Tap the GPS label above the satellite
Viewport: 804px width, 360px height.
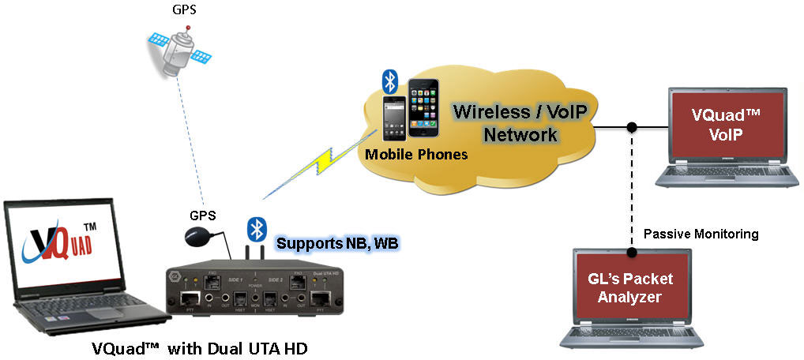tap(186, 10)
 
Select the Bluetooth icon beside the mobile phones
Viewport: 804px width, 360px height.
tap(389, 81)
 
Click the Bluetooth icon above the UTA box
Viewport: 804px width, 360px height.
tap(255, 228)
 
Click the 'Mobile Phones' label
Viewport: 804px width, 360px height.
tap(416, 155)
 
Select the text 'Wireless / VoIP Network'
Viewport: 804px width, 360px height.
tap(520, 122)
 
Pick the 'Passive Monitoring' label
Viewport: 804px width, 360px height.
tap(701, 234)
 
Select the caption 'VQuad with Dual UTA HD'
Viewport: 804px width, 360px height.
tap(198, 347)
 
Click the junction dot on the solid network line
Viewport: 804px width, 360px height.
tap(632, 127)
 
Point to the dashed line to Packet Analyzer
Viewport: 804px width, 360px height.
tap(632, 189)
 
